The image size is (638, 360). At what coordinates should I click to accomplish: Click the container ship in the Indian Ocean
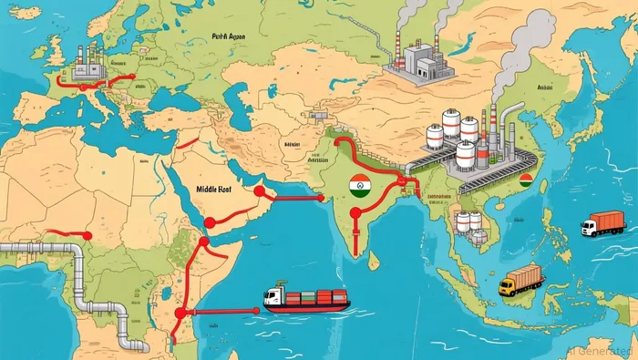point(306,299)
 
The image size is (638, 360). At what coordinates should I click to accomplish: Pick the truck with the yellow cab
point(520,281)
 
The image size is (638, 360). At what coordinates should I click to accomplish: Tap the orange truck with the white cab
point(602,223)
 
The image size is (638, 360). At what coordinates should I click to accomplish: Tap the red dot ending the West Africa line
point(87,234)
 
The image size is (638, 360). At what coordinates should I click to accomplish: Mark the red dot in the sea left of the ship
point(180,312)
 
